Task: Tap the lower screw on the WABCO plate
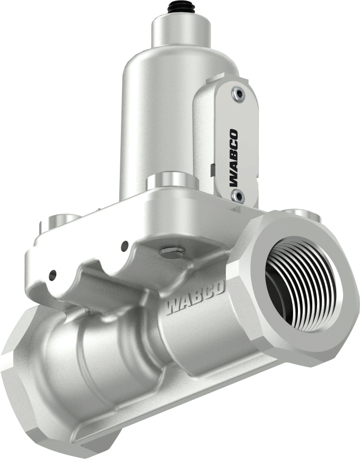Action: tap(237, 196)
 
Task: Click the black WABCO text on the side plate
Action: tap(234, 158)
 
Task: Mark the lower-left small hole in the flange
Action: tap(52, 275)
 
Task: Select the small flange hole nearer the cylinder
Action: tap(125, 246)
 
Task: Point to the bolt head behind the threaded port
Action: tap(301, 214)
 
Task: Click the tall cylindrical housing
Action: tap(154, 117)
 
